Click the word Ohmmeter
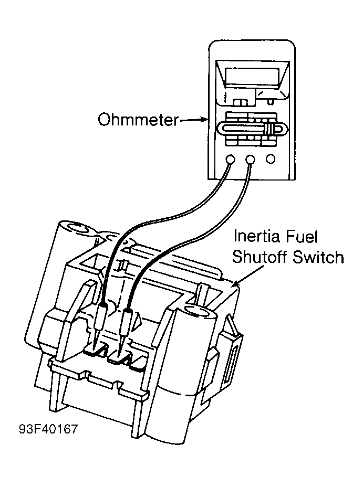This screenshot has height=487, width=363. coord(139,120)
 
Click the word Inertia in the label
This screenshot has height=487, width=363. coord(254,236)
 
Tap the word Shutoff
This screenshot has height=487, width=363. coord(260,257)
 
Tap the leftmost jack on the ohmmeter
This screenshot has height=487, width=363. coord(230,160)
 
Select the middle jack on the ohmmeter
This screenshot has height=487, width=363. coord(250,160)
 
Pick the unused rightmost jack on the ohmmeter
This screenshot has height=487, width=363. coord(271,159)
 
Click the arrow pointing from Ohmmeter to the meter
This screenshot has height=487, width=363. coord(194,119)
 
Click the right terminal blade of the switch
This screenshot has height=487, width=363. coord(121,359)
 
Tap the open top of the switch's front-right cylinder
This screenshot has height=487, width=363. coord(200,311)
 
